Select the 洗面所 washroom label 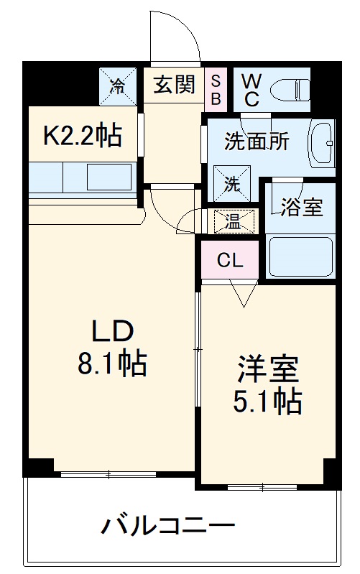257,141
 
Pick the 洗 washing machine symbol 232,182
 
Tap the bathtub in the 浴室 300,256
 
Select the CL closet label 230,261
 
